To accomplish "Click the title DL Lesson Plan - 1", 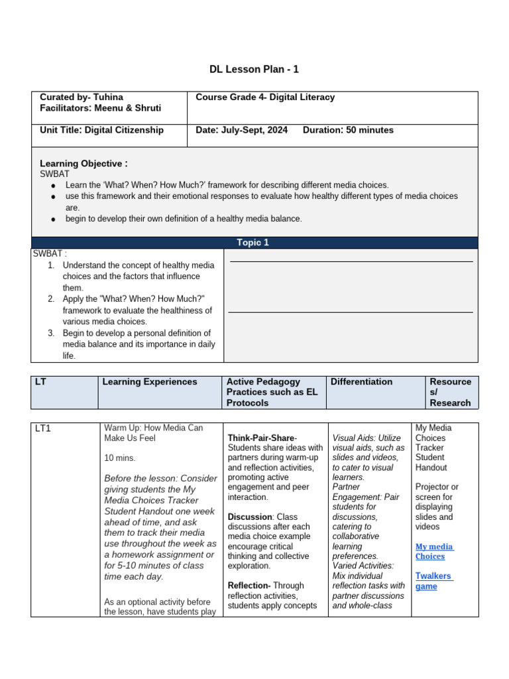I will pyautogui.click(x=254, y=69).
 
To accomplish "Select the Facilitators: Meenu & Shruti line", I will pyautogui.click(x=100, y=108).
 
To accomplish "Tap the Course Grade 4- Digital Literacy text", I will pyautogui.click(x=265, y=97).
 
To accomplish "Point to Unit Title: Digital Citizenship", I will pyautogui.click(x=101, y=130).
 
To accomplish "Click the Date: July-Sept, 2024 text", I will pyautogui.click(x=242, y=130).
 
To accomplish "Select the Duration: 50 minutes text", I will pyautogui.click(x=348, y=130).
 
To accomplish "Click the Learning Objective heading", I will pyautogui.click(x=84, y=163).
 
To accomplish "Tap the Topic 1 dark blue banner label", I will pyautogui.click(x=254, y=243).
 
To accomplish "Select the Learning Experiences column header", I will pyautogui.click(x=149, y=382).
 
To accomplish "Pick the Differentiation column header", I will pyautogui.click(x=361, y=382).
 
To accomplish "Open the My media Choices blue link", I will pyautogui.click(x=434, y=551).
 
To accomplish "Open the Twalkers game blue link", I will pyautogui.click(x=434, y=581).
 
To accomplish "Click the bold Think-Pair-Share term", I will pyautogui.click(x=262, y=438).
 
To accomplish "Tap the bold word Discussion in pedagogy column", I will pyautogui.click(x=250, y=517).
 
